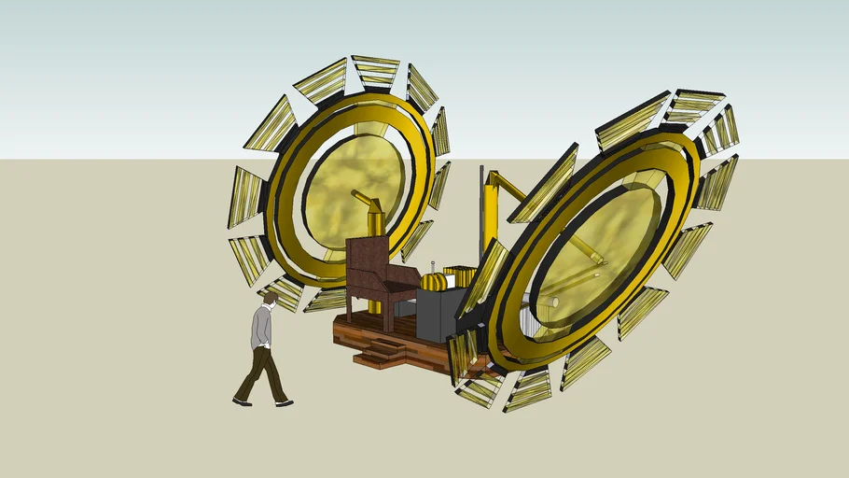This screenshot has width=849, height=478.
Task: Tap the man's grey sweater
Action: coord(262,328)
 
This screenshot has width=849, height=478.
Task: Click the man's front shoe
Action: coord(285,403)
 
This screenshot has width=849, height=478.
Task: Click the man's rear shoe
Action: coord(242,401)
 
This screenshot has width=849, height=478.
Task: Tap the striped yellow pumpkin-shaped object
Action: coord(433,281)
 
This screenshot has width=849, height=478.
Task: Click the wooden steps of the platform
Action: coord(377,351)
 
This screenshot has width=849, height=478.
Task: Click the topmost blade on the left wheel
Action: coord(375,71)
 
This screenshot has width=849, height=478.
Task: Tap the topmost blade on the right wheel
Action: coord(695,105)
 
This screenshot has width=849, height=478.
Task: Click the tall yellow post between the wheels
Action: coord(491,215)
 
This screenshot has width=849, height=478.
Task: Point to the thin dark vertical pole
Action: coord(481,215)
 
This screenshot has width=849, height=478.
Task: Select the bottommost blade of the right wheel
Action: coord(528,390)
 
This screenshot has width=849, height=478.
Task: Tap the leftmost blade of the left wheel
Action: coord(245,197)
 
